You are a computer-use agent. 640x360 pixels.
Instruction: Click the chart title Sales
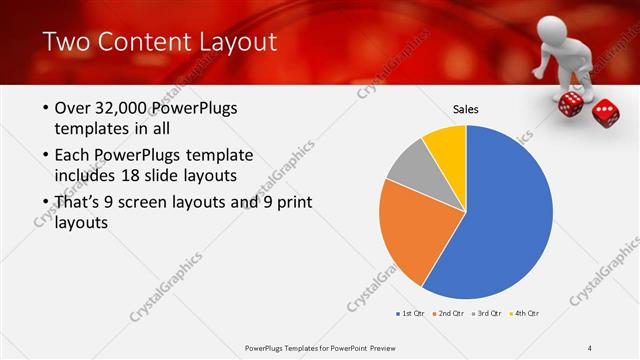tap(466, 108)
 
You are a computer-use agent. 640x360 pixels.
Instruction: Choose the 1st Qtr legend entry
tap(410, 314)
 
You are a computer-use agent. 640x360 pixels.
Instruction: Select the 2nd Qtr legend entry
tap(449, 314)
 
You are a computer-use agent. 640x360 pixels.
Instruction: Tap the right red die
tap(605, 112)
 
